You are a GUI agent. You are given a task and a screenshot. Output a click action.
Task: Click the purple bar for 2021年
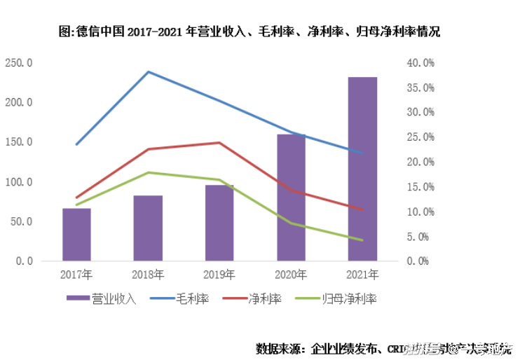pos(362,169)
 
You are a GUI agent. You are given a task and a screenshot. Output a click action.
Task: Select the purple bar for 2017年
pos(76,235)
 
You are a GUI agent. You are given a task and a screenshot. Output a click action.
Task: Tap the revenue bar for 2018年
pos(148,228)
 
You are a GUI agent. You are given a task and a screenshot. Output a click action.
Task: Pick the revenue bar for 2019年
pos(219,223)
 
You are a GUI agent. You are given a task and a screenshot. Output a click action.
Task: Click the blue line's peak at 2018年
pos(148,71)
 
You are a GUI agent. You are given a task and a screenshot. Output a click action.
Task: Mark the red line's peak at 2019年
pos(219,143)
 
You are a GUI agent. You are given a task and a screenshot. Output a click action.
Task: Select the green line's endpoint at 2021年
pos(362,240)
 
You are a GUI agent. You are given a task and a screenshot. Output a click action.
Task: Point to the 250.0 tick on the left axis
pos(19,63)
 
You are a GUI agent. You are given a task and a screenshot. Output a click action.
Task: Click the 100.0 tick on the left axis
pos(19,182)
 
